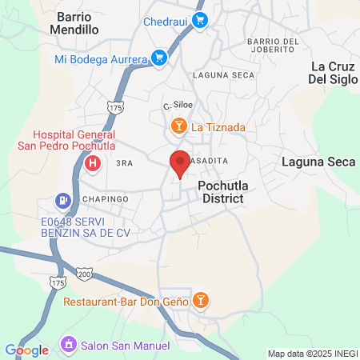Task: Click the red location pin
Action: coord(180,162)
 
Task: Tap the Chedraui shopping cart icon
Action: coord(200,22)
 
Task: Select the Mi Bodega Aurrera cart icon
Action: coord(159,58)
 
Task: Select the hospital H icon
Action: coord(93,164)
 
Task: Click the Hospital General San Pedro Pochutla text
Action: coord(74,140)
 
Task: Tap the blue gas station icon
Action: coord(61,200)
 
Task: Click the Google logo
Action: coord(26,350)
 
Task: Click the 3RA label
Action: coord(123,162)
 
